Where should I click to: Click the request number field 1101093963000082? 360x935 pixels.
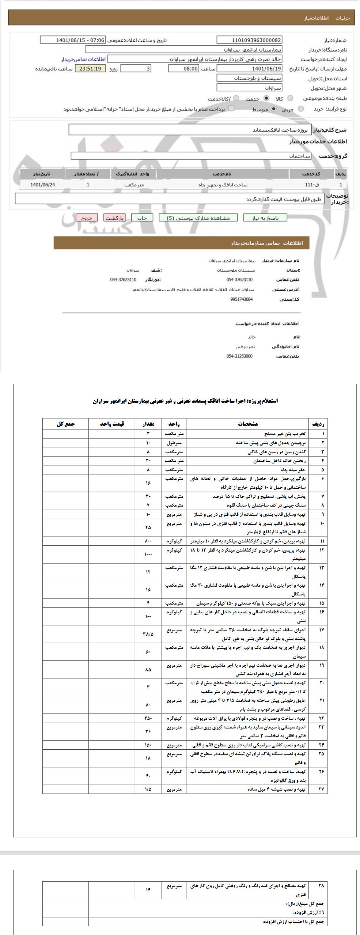tap(249, 40)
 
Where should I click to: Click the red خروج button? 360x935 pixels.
tap(86, 218)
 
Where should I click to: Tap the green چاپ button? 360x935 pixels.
tap(141, 218)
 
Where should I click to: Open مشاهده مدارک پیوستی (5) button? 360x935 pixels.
tap(198, 218)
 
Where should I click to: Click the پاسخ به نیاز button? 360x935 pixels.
tap(265, 218)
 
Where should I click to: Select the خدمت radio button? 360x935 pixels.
tap(266, 98)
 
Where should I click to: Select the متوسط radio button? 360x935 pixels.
tap(274, 109)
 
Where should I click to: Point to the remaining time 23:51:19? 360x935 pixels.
tap(90, 69)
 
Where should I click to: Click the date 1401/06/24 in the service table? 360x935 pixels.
tap(43, 185)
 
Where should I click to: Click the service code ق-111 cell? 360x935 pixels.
tap(312, 185)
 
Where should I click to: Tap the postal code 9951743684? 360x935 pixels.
tap(242, 299)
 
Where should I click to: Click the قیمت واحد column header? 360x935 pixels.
tap(112, 424)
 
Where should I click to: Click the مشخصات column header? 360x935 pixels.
tap(248, 424)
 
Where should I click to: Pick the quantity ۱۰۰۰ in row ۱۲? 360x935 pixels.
tap(148, 554)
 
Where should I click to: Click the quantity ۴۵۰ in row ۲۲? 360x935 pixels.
tap(148, 718)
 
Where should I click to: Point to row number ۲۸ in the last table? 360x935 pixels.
tap(321, 886)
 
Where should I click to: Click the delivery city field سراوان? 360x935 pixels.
tap(249, 88)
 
